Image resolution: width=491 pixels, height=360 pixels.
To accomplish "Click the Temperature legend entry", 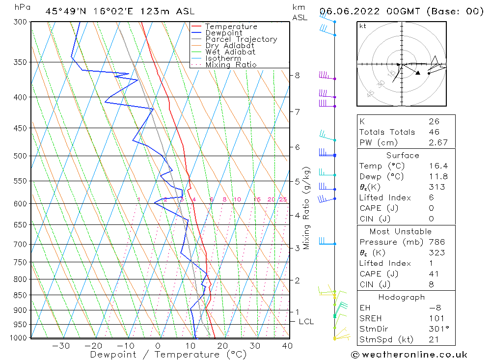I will (231, 27).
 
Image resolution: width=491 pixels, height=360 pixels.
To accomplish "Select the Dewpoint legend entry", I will (223, 33).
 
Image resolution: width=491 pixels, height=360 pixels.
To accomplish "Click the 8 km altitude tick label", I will (297, 75).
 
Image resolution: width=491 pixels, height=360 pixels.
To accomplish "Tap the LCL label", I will (306, 322).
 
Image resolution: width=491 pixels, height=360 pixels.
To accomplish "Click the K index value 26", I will (434, 121).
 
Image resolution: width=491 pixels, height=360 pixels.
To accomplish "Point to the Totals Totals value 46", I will (434, 132).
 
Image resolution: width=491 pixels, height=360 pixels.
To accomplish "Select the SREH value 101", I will (436, 318).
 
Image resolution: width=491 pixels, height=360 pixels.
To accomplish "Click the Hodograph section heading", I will (402, 297).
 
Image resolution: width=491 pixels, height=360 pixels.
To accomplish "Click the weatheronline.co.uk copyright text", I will (409, 354).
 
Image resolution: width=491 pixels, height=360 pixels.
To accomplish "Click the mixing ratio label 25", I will (283, 199).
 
